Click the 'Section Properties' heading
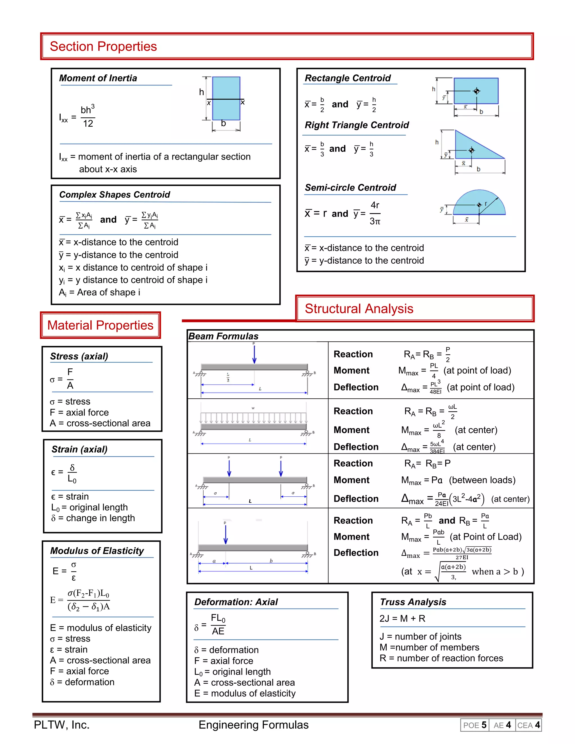pos(103,46)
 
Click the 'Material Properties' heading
pos(100,325)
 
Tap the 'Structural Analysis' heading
pos(359,308)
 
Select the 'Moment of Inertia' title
pos(98,78)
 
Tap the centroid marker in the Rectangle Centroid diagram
pos(476,91)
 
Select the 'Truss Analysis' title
pos(413,602)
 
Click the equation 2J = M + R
pos(402,618)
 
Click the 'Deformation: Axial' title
pos(236,602)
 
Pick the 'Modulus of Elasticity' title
pos(97,551)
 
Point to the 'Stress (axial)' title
pos(79,356)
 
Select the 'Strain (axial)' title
pos(79,449)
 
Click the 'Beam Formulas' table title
pos(223,336)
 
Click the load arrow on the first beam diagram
pos(254,354)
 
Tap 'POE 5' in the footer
pos(474,725)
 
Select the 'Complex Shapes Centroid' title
pos(115,195)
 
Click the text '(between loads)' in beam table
pos(482,480)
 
